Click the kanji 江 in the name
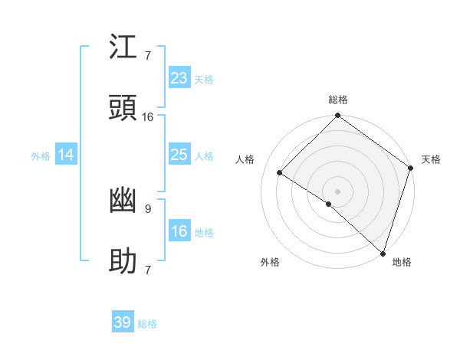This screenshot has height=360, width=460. click(x=123, y=49)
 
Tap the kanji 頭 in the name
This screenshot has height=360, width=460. click(x=123, y=110)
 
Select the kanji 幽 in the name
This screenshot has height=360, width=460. click(x=123, y=201)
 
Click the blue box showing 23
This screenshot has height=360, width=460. click(x=179, y=78)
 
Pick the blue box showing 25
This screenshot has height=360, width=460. click(x=179, y=155)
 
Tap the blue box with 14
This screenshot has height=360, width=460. click(x=66, y=155)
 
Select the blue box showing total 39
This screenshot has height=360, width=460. click(x=123, y=322)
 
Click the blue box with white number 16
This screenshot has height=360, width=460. click(x=179, y=232)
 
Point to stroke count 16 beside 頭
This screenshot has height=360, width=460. click(x=148, y=117)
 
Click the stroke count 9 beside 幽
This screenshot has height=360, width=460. click(x=147, y=208)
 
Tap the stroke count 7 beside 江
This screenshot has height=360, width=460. click(x=147, y=56)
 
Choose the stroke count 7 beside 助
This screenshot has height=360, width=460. click(x=147, y=270)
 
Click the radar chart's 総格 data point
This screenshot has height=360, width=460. click(x=337, y=116)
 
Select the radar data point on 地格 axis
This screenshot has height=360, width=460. click(x=383, y=252)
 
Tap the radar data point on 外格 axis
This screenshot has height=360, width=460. click(x=329, y=204)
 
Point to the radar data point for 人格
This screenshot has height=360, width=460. click(x=280, y=172)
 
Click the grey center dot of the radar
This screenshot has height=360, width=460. click(x=337, y=191)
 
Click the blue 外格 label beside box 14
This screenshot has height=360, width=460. click(x=40, y=156)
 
